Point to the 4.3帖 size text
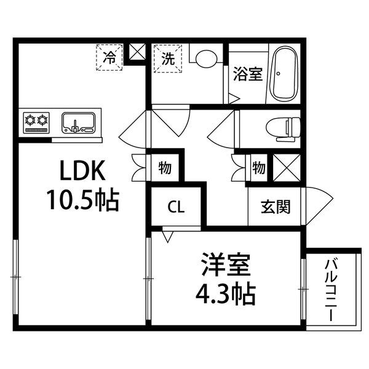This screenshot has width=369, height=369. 226,296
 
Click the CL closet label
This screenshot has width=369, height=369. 177,207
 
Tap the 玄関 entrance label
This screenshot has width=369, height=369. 271,207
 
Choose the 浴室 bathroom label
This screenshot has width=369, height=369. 247,74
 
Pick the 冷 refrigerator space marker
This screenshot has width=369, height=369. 109,58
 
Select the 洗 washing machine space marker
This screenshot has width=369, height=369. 167,58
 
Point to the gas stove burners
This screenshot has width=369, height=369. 36,121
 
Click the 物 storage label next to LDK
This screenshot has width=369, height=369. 164,166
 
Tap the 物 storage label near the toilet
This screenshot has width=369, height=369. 258,166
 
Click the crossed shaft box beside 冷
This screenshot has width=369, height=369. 137,52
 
